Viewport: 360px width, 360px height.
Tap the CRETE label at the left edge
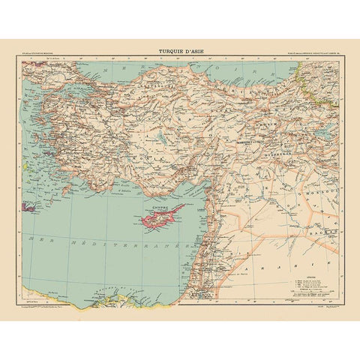tap(29, 204)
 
